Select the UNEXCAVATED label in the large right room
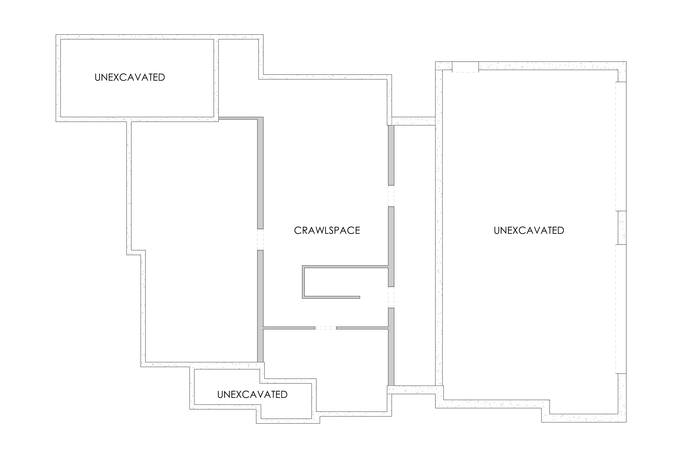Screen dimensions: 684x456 point(529,230)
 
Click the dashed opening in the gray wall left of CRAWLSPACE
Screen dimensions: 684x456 point(260,239)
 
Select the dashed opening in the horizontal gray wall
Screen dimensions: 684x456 point(326,328)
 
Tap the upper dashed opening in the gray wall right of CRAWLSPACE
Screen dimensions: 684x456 point(391,196)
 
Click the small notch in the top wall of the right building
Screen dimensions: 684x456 point(465,67)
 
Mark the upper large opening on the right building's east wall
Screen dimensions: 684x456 point(621,146)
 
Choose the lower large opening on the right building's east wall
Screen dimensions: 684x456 point(621,309)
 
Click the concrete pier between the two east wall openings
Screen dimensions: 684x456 point(622,228)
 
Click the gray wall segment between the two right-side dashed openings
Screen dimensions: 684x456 point(391,247)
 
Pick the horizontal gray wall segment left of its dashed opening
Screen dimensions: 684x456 point(289,328)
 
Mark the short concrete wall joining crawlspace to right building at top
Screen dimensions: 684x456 point(414,121)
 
